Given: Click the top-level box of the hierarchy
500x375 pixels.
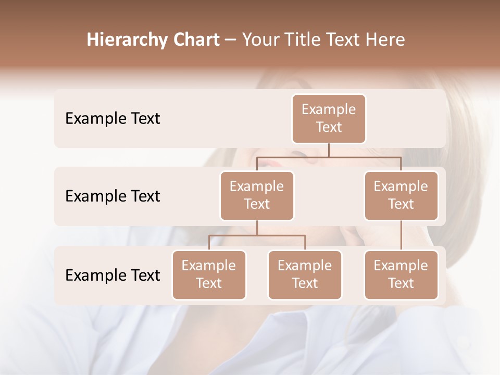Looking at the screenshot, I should (x=329, y=118).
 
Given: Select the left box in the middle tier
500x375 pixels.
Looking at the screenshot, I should (x=257, y=195).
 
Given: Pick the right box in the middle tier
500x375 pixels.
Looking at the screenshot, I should (x=401, y=195).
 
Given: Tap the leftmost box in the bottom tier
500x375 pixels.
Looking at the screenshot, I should (x=209, y=274).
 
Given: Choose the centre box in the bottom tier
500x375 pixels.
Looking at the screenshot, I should (x=305, y=274).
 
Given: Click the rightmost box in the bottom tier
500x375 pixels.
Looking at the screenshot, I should (x=401, y=274).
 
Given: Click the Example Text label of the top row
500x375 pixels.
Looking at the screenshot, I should (x=113, y=119).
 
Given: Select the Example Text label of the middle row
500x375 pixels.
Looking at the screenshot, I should (x=113, y=196).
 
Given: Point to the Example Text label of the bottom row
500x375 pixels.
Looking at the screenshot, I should (x=113, y=276).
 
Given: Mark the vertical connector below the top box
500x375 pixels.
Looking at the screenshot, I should (x=329, y=150).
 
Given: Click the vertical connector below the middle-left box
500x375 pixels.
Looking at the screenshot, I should (x=257, y=228).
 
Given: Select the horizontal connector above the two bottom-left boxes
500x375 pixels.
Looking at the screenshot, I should (x=257, y=235).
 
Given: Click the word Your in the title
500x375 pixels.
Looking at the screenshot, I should (x=259, y=40).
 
